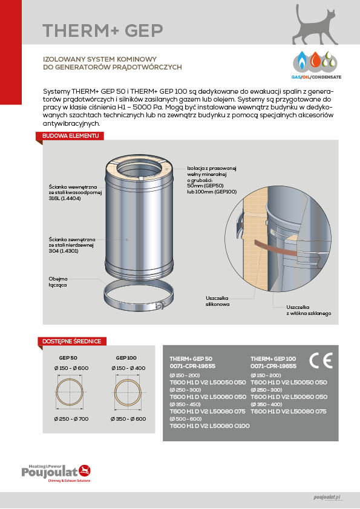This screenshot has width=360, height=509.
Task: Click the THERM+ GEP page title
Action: pyautogui.click(x=103, y=30)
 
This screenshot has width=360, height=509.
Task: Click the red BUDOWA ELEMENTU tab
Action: pyautogui.click(x=70, y=135)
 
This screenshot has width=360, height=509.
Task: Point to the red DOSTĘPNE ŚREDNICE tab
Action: pyautogui.click(x=71, y=341)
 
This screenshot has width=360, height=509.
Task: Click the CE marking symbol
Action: pyautogui.click(x=321, y=360)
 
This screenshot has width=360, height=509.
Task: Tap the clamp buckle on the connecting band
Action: pyautogui.click(x=159, y=306)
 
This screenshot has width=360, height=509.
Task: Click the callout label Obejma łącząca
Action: pyautogui.click(x=58, y=282)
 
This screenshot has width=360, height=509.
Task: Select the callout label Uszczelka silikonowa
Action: pyautogui.click(x=217, y=301)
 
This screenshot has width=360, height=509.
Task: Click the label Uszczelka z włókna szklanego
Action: pyautogui.click(x=309, y=310)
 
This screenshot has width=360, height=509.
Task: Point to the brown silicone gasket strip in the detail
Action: pyautogui.click(x=275, y=249)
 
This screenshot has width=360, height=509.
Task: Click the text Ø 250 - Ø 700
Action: pyautogui.click(x=71, y=419)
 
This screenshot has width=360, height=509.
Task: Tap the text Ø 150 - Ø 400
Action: pyautogui.click(x=128, y=368)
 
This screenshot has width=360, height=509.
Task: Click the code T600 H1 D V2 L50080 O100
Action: pyautogui.click(x=209, y=426)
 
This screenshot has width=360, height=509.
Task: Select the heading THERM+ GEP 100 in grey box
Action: pyautogui.click(x=273, y=358)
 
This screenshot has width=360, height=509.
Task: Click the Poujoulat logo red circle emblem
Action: pyautogui.click(x=85, y=470)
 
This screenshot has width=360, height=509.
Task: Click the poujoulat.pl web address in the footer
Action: pyautogui.click(x=327, y=498)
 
